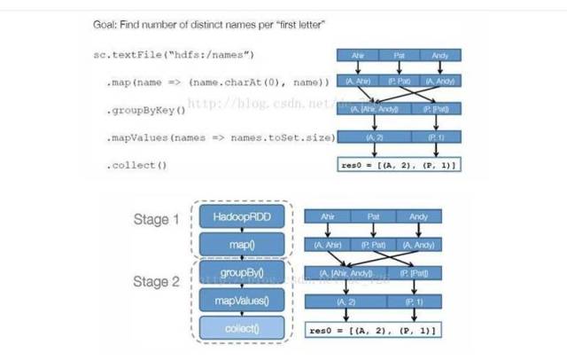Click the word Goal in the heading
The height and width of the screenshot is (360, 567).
tap(106, 24)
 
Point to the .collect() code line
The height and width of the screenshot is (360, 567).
tap(136, 165)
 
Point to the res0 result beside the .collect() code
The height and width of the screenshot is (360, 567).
tap(398, 166)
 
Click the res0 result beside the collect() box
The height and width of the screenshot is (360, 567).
tap(371, 330)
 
